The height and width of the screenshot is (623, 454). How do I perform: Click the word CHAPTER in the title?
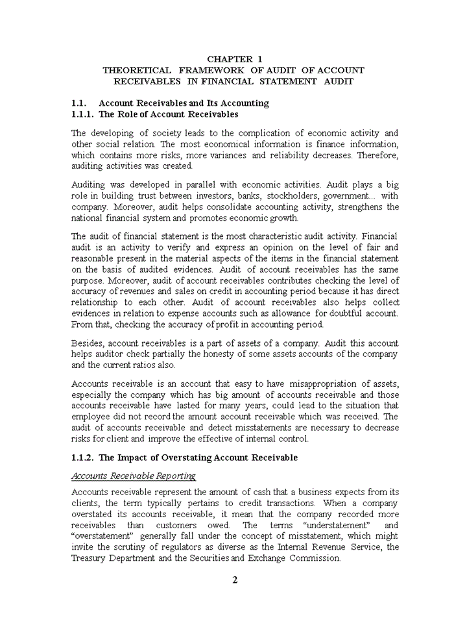[x=227, y=58]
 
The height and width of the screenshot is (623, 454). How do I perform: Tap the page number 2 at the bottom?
[x=235, y=580]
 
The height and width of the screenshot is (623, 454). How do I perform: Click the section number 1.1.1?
[x=82, y=115]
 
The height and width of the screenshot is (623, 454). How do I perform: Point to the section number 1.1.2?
[x=82, y=458]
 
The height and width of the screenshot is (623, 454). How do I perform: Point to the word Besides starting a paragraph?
[x=87, y=343]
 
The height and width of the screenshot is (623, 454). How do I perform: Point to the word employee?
[x=92, y=417]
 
